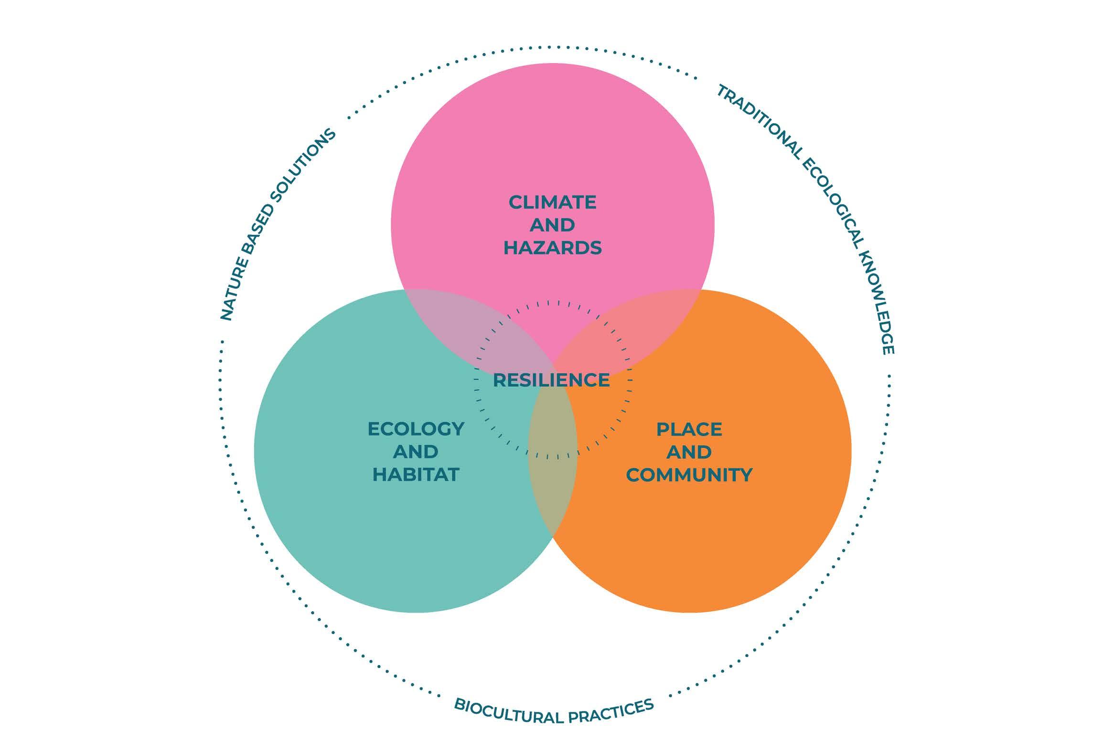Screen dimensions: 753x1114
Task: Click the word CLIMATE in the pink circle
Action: pos(552,202)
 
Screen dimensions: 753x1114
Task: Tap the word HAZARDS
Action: pos(552,248)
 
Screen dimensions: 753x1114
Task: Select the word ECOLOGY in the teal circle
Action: pos(416,429)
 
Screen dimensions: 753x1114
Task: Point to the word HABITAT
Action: pos(416,474)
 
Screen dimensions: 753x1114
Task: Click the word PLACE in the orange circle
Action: pos(689,429)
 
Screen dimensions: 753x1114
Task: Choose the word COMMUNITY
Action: pos(689,475)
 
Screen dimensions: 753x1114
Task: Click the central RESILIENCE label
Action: pos(551,380)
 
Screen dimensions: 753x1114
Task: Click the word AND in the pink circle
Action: pos(552,224)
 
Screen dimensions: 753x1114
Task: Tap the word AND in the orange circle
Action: pos(689,452)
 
